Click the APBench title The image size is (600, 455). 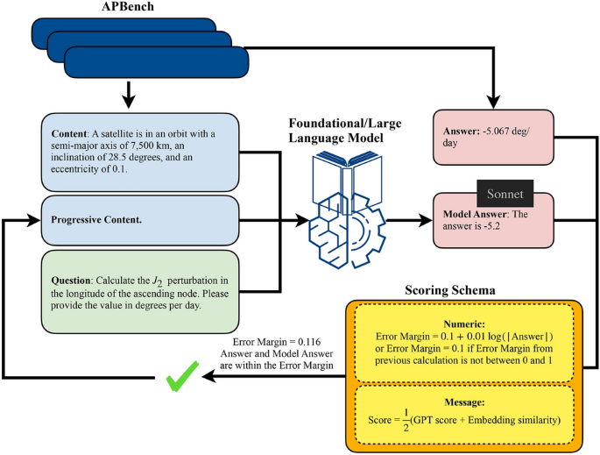pyautogui.click(x=127, y=6)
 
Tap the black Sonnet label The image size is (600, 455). pyautogui.click(x=505, y=194)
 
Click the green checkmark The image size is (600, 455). pyautogui.click(x=182, y=376)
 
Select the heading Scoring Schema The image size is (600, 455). pyautogui.click(x=450, y=290)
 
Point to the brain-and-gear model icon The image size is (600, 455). pyautogui.click(x=347, y=210)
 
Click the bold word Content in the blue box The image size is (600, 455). pyautogui.click(x=68, y=134)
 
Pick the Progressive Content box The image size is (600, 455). pyautogui.click(x=140, y=220)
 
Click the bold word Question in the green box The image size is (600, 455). pyautogui.click(x=70, y=281)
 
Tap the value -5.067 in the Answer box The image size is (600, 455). pyautogui.click(x=496, y=131)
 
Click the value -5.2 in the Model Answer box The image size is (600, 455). pyautogui.click(x=491, y=226)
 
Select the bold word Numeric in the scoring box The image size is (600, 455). pyautogui.click(x=464, y=324)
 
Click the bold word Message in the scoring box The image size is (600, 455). pyautogui.click(x=464, y=402)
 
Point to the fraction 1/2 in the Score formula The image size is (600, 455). pyautogui.click(x=406, y=420)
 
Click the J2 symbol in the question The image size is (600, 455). pyautogui.click(x=158, y=281)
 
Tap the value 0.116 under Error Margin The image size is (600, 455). pyautogui.click(x=309, y=342)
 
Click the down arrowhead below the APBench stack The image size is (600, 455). pyautogui.click(x=129, y=103)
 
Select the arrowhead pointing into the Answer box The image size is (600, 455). pyautogui.click(x=494, y=103)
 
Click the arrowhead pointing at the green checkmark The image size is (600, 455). pyautogui.click(x=208, y=376)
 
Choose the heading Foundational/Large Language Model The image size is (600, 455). pyautogui.click(x=345, y=131)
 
